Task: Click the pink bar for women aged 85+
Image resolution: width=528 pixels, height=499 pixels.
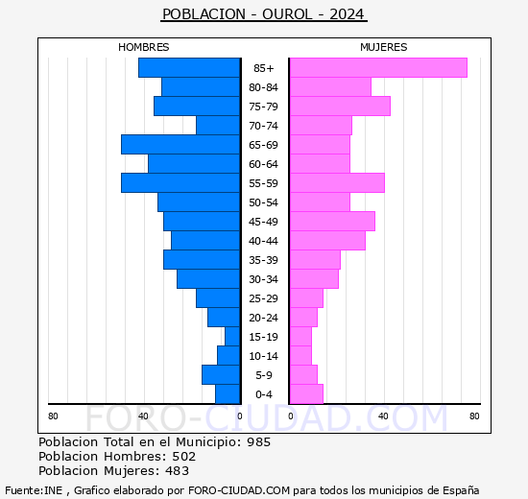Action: pyautogui.click(x=377, y=67)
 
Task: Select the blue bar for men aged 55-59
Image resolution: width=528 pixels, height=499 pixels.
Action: pyautogui.click(x=180, y=182)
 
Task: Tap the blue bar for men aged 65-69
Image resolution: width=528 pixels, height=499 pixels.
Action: pyautogui.click(x=180, y=144)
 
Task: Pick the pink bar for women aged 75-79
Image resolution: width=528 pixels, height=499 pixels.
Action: pyautogui.click(x=339, y=106)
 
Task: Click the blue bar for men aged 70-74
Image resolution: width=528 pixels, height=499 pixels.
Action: pyautogui.click(x=218, y=125)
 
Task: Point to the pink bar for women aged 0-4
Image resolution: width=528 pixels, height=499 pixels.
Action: pyautogui.click(x=305, y=393)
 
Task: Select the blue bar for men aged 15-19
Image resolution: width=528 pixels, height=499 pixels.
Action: pyautogui.click(x=232, y=336)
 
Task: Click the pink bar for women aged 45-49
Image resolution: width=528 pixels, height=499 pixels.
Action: pyautogui.click(x=331, y=221)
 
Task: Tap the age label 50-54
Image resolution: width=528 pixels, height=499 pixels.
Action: pyautogui.click(x=263, y=202)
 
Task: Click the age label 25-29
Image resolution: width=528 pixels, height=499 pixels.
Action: pyautogui.click(x=263, y=298)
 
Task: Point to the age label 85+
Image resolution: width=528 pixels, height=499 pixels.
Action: pyautogui.click(x=263, y=68)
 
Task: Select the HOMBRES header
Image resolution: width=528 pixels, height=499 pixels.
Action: pyautogui.click(x=144, y=47)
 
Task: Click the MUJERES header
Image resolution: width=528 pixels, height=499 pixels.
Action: pyautogui.click(x=383, y=47)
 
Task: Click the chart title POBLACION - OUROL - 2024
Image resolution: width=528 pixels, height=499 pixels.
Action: pyautogui.click(x=264, y=14)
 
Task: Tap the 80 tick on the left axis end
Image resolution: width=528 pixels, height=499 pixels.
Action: pyautogui.click(x=53, y=416)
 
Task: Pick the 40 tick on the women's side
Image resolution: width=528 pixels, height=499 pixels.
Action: pyautogui.click(x=382, y=416)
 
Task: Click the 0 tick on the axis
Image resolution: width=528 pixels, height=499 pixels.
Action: pyautogui.click(x=240, y=416)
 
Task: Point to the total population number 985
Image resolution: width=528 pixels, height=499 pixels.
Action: pyautogui.click(x=258, y=442)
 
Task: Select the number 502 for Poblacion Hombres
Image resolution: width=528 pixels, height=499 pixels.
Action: pyautogui.click(x=183, y=457)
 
